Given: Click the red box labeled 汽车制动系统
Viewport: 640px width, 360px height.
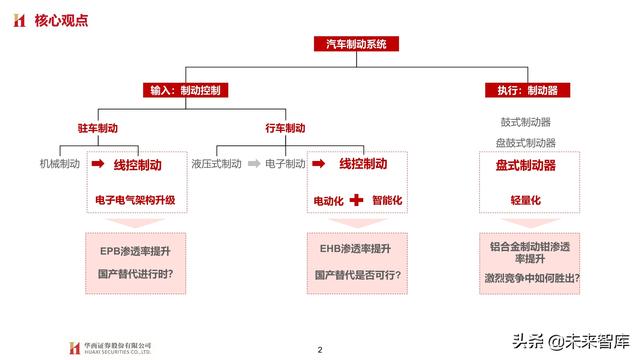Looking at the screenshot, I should pos(362,44).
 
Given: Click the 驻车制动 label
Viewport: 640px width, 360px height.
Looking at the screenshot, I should pos(97,129).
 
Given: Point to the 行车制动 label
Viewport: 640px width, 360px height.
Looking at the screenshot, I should pos(285,129).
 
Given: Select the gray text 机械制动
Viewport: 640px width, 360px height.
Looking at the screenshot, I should pos(58,163).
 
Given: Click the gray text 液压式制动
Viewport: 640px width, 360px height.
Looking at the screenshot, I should pos(216,163).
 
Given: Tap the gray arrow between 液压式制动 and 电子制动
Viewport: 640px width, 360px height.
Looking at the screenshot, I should pos(254,163).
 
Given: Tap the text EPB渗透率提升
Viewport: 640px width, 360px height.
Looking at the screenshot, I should pos(134,248).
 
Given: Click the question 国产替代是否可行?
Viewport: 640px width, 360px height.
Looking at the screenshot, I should pos(355,273).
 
